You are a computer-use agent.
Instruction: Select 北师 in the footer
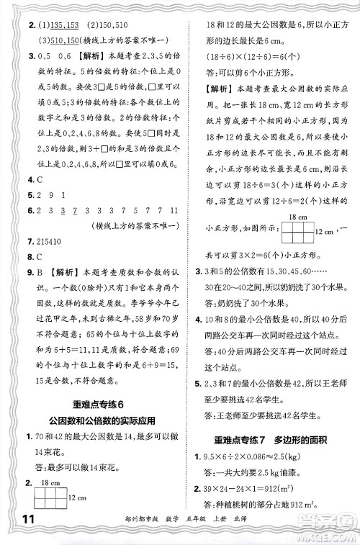coord(257,532)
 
